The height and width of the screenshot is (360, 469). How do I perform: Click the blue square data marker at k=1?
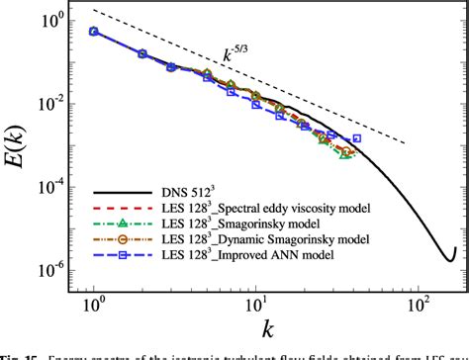(94, 32)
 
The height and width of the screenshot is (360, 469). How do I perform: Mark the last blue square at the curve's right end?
(357, 138)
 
